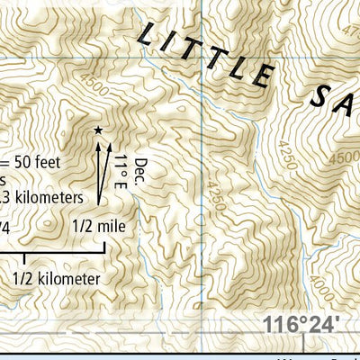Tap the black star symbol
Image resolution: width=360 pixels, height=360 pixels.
pos(98,130)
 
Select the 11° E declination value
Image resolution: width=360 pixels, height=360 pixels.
pos(121,172)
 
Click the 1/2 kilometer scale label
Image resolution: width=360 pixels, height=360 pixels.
pos(56,279)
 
